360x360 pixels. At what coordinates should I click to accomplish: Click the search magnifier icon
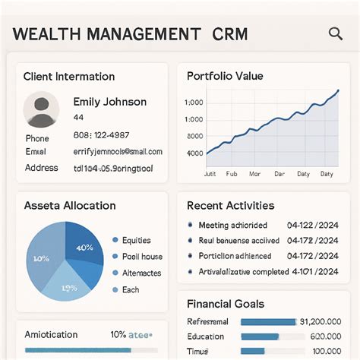tap(335, 33)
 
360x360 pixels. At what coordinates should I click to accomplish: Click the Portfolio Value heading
tap(225, 76)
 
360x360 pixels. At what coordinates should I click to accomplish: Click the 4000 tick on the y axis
tap(194, 153)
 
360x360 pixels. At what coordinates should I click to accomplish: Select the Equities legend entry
tap(136, 240)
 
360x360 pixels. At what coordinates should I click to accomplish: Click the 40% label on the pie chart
tap(84, 247)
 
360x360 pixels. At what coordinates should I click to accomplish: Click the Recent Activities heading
tap(230, 206)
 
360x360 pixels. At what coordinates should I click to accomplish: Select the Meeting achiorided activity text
tap(233, 226)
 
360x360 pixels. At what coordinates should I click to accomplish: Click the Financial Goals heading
tap(226, 304)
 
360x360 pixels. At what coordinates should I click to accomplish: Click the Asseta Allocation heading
tap(70, 206)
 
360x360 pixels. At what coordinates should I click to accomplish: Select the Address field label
tap(42, 168)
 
